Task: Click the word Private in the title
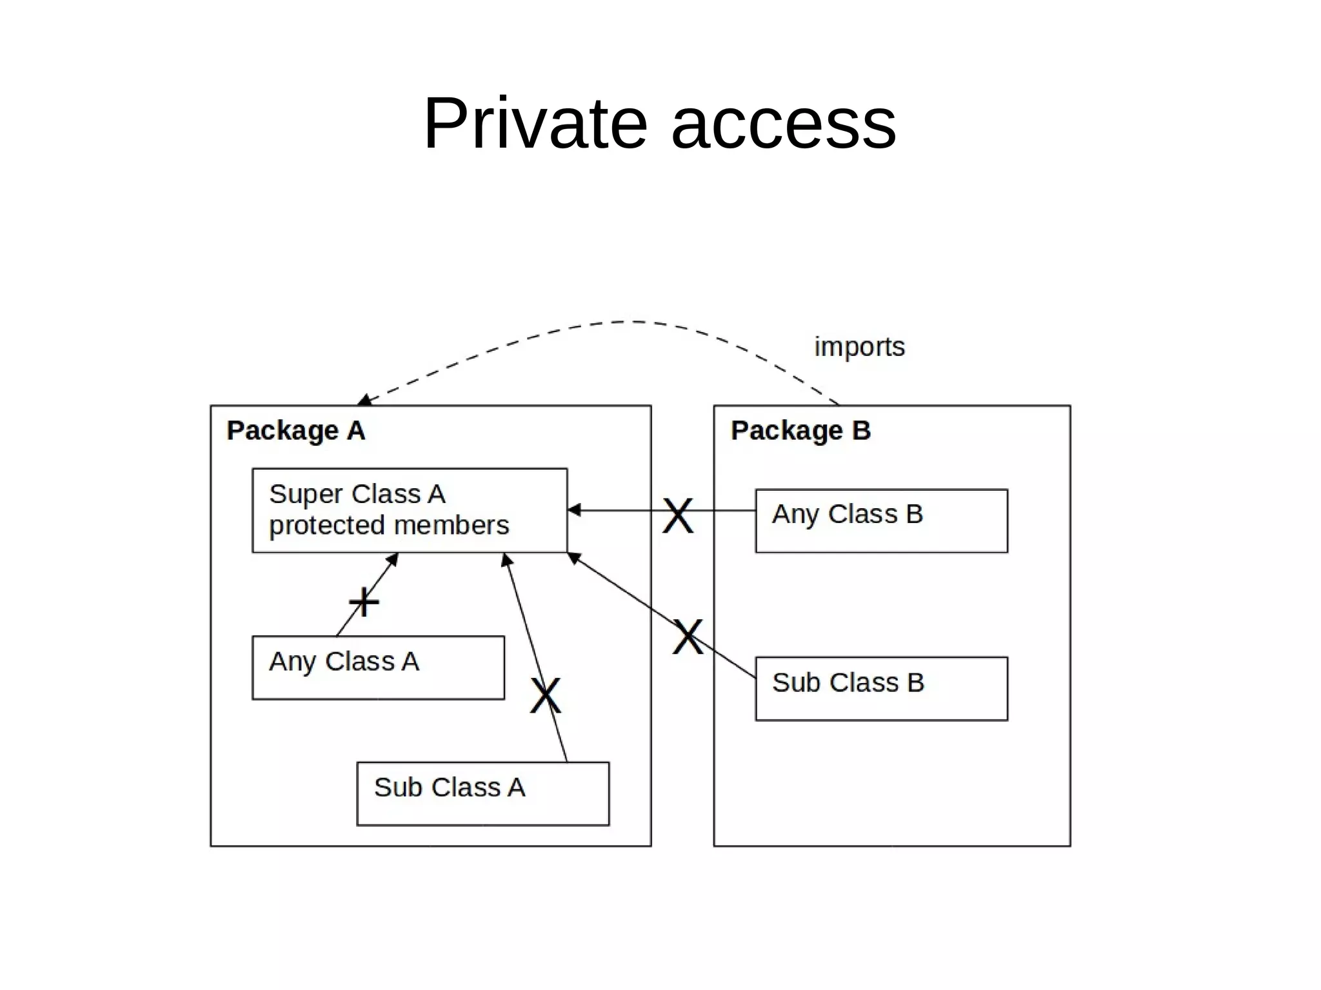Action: point(535,123)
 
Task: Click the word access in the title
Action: point(783,123)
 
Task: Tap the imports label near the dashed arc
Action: point(859,347)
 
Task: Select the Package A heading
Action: point(295,431)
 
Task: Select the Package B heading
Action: point(800,431)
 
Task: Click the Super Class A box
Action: point(410,510)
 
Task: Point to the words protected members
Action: point(389,525)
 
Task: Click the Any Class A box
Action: point(378,668)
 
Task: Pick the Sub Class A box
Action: point(482,793)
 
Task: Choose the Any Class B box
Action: point(881,520)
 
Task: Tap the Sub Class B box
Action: point(881,688)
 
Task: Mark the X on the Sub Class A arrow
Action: point(546,695)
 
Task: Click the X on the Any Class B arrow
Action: point(678,516)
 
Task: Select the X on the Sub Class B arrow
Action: point(688,637)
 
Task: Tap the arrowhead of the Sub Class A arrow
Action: point(507,560)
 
